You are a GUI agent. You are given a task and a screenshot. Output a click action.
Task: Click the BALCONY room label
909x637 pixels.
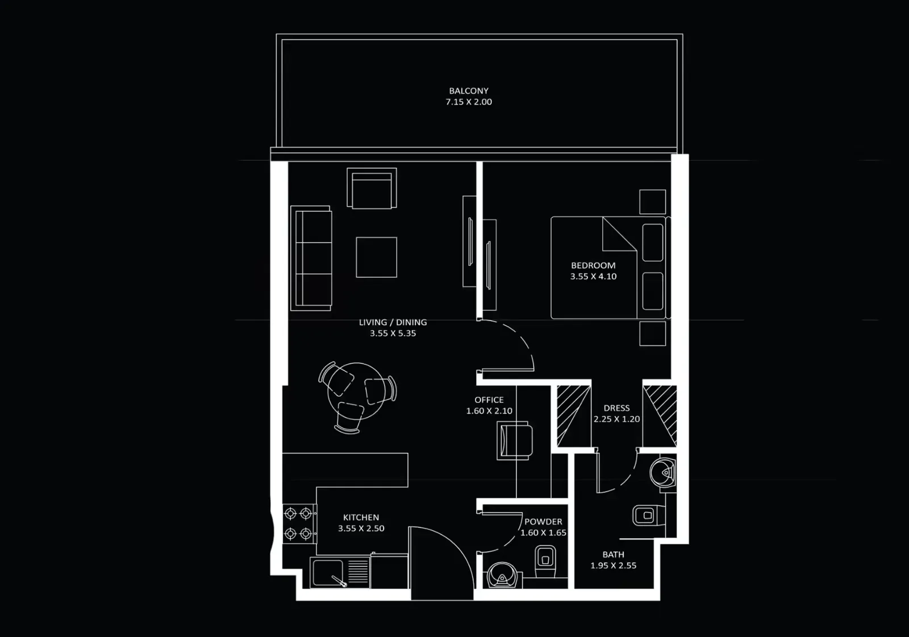click(x=469, y=91)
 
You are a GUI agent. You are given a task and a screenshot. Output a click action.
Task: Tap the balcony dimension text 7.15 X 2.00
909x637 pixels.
click(x=469, y=102)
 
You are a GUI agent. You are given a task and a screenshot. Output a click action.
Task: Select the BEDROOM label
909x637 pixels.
click(x=593, y=265)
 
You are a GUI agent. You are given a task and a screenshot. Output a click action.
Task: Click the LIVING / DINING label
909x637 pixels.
click(x=393, y=322)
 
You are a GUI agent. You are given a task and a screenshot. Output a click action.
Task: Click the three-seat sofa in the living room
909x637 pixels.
click(x=311, y=258)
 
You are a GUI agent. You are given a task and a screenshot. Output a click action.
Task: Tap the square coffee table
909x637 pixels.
click(x=376, y=257)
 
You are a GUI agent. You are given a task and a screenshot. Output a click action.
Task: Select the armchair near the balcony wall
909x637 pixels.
click(x=372, y=188)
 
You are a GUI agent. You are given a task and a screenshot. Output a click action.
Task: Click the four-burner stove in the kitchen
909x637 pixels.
click(x=298, y=523)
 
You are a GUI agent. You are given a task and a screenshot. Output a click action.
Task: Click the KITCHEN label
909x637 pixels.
click(x=361, y=518)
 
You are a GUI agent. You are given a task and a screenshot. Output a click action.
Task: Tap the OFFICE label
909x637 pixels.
click(x=489, y=400)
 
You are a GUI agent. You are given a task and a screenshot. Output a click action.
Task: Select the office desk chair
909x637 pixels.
click(x=515, y=440)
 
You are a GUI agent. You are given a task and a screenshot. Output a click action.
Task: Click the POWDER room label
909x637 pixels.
click(x=543, y=522)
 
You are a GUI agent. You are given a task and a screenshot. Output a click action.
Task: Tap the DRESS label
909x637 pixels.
click(x=616, y=408)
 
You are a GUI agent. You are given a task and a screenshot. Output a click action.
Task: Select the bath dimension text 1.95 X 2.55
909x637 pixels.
click(x=613, y=565)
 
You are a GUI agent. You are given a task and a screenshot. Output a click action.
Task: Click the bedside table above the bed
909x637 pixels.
click(x=652, y=202)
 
